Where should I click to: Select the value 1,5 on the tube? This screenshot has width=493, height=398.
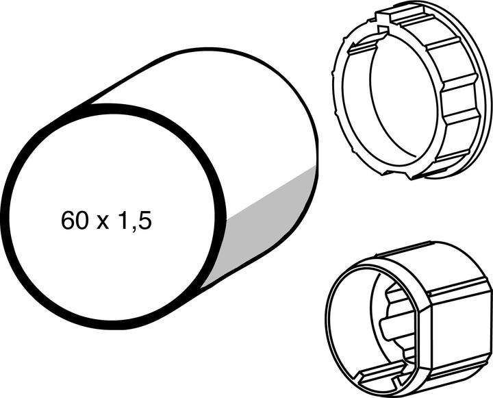coord(134,221)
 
